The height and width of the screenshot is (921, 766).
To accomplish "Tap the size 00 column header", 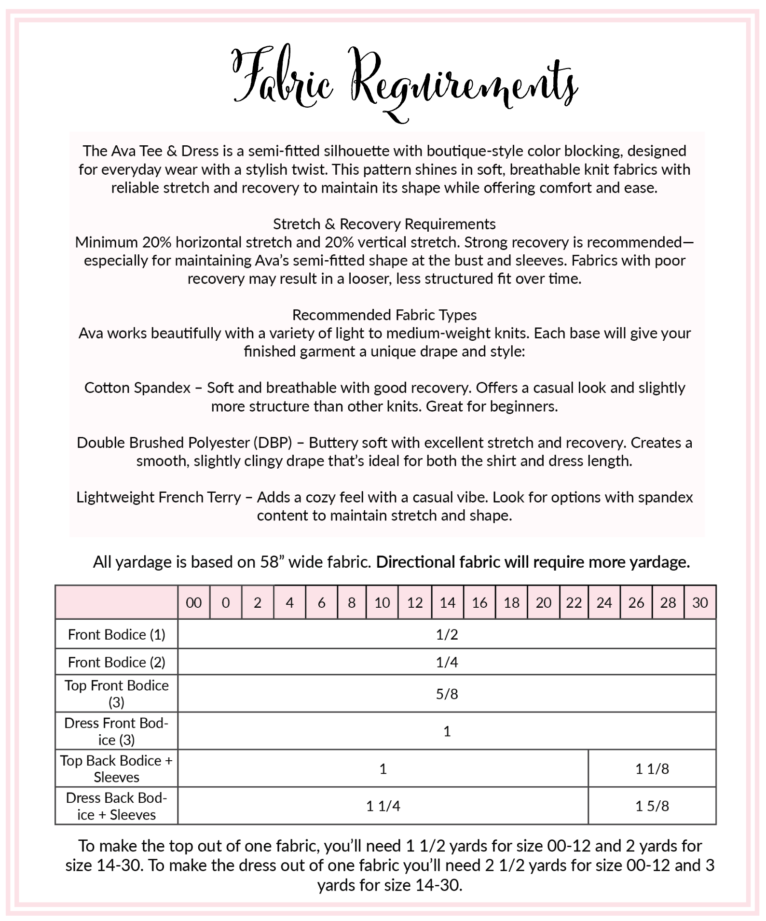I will pyautogui.click(x=194, y=602).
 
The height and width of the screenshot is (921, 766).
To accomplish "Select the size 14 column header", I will pyautogui.click(x=447, y=602).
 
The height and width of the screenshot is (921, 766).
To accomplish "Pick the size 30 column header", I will pyautogui.click(x=699, y=602).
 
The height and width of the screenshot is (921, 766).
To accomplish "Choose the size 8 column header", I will pyautogui.click(x=352, y=602).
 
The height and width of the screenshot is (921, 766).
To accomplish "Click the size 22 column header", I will pyautogui.click(x=574, y=602).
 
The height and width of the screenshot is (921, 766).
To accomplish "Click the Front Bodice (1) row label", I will pyautogui.click(x=117, y=634).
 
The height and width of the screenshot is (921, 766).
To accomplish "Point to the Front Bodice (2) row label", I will pyautogui.click(x=117, y=662).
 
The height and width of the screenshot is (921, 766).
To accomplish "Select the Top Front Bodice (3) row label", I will pyautogui.click(x=117, y=694).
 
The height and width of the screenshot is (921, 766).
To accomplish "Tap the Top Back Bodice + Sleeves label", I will pyautogui.click(x=117, y=768).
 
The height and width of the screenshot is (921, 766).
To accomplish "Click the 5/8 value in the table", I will pyautogui.click(x=447, y=694).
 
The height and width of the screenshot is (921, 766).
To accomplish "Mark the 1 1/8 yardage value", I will pyautogui.click(x=652, y=769).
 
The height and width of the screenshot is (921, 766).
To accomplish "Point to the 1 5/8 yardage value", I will pyautogui.click(x=652, y=806).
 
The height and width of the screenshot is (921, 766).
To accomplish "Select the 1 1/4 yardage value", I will pyautogui.click(x=383, y=806).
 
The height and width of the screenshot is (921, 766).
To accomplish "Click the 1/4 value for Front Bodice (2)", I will pyautogui.click(x=447, y=662).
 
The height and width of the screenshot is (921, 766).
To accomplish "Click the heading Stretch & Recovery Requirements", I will pyautogui.click(x=384, y=224).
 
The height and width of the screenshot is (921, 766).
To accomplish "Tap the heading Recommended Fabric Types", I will pyautogui.click(x=384, y=315).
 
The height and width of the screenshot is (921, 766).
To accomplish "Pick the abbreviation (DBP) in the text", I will pyautogui.click(x=273, y=443).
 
